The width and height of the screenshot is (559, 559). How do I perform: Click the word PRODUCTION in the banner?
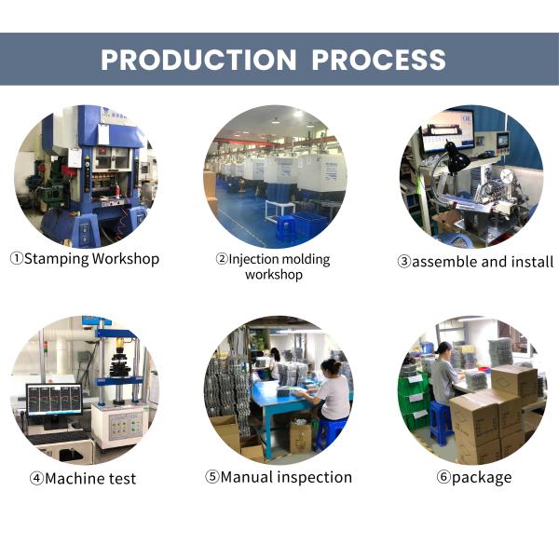point(198,60)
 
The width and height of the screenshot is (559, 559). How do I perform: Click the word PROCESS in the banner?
point(378,60)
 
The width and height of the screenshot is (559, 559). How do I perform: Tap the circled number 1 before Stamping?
point(17,259)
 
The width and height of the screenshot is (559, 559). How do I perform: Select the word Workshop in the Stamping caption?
point(126,259)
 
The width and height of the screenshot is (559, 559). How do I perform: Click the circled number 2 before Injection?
point(222,259)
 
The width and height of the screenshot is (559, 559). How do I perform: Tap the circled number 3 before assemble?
point(404,262)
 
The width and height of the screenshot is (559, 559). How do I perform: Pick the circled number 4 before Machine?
point(36,479)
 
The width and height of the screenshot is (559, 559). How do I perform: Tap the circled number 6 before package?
point(443,477)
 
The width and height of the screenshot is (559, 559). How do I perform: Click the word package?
point(482,478)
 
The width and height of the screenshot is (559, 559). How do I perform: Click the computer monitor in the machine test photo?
point(54,401)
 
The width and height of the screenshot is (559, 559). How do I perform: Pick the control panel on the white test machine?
point(126,425)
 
